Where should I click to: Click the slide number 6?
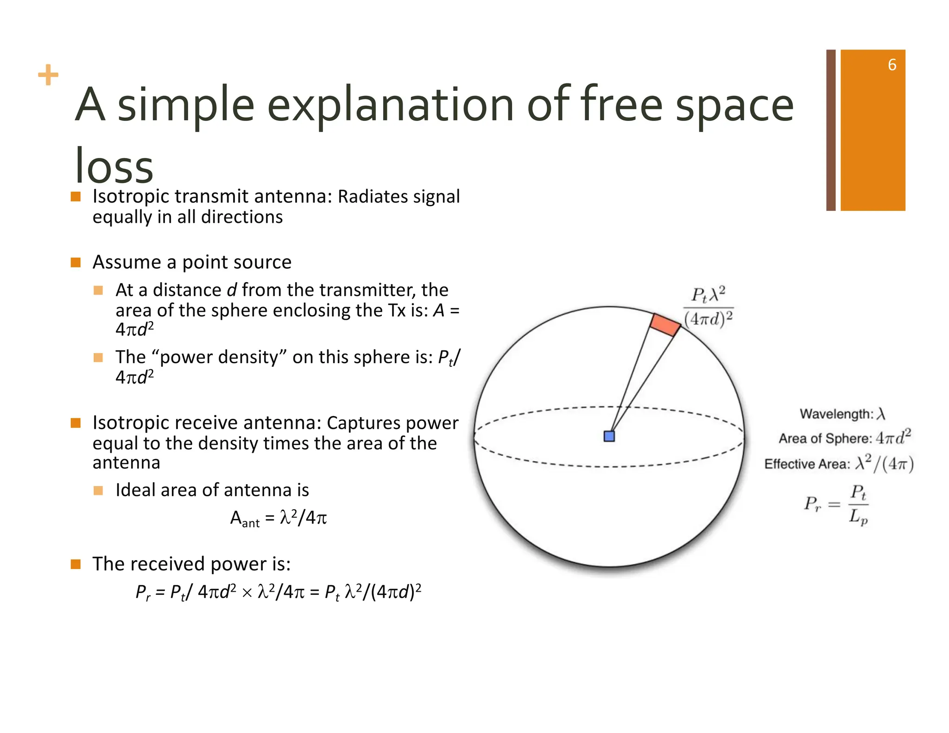tap(892, 65)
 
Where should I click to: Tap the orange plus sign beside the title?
tap(48, 75)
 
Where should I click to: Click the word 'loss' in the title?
tap(114, 165)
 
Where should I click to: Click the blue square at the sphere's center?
tap(609, 436)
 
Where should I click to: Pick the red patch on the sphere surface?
tap(665, 325)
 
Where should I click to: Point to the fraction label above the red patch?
tap(708, 307)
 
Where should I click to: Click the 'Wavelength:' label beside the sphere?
tap(836, 414)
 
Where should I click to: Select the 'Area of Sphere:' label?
tap(825, 438)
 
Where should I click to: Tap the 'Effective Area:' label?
tap(807, 464)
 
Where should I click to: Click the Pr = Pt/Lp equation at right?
tap(836, 504)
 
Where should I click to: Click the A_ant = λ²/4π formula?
tap(278, 518)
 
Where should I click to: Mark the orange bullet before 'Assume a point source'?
tap(76, 263)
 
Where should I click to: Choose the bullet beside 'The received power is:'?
tap(76, 564)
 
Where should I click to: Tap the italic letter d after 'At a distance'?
tap(231, 290)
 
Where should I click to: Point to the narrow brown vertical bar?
tap(830, 130)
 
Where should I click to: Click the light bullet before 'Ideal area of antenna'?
tap(98, 490)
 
